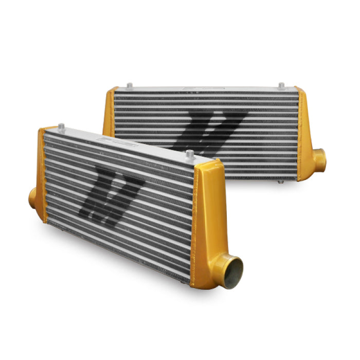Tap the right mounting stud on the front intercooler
[x=190, y=154]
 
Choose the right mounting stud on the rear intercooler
[x=281, y=85]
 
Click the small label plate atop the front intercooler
[x=111, y=139]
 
